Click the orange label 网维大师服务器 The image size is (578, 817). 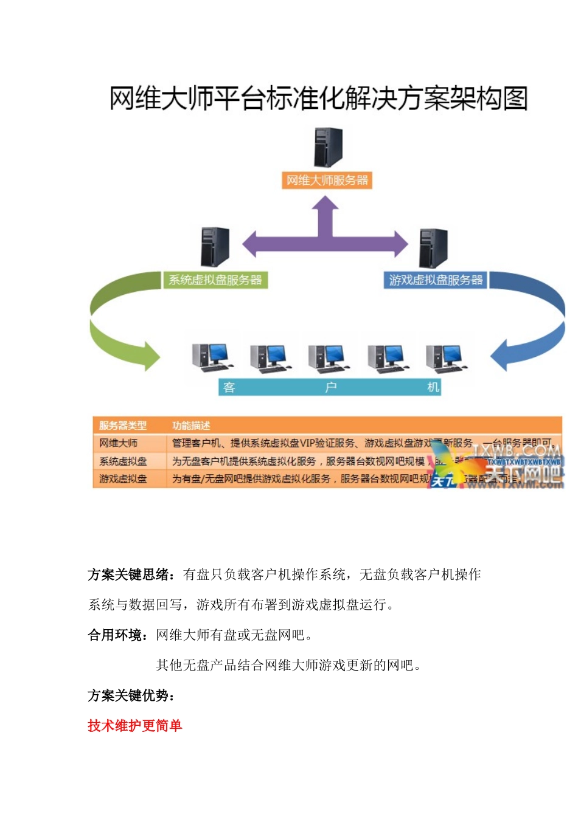[327, 181]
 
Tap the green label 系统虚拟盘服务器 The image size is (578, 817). [215, 280]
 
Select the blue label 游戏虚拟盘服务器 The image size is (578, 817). [436, 280]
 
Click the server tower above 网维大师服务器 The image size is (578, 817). [328, 148]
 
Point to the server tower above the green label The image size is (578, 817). [215, 247]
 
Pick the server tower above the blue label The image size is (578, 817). [433, 248]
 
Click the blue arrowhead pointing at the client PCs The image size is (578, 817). [501, 356]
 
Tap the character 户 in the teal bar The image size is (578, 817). [330, 387]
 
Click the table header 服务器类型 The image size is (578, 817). [123, 426]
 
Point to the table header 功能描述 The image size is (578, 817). [191, 426]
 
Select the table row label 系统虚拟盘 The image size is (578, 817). [123, 461]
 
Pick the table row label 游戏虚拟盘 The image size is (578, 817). [123, 479]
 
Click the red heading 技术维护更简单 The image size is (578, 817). [134, 725]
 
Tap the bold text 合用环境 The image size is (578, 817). [115, 635]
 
